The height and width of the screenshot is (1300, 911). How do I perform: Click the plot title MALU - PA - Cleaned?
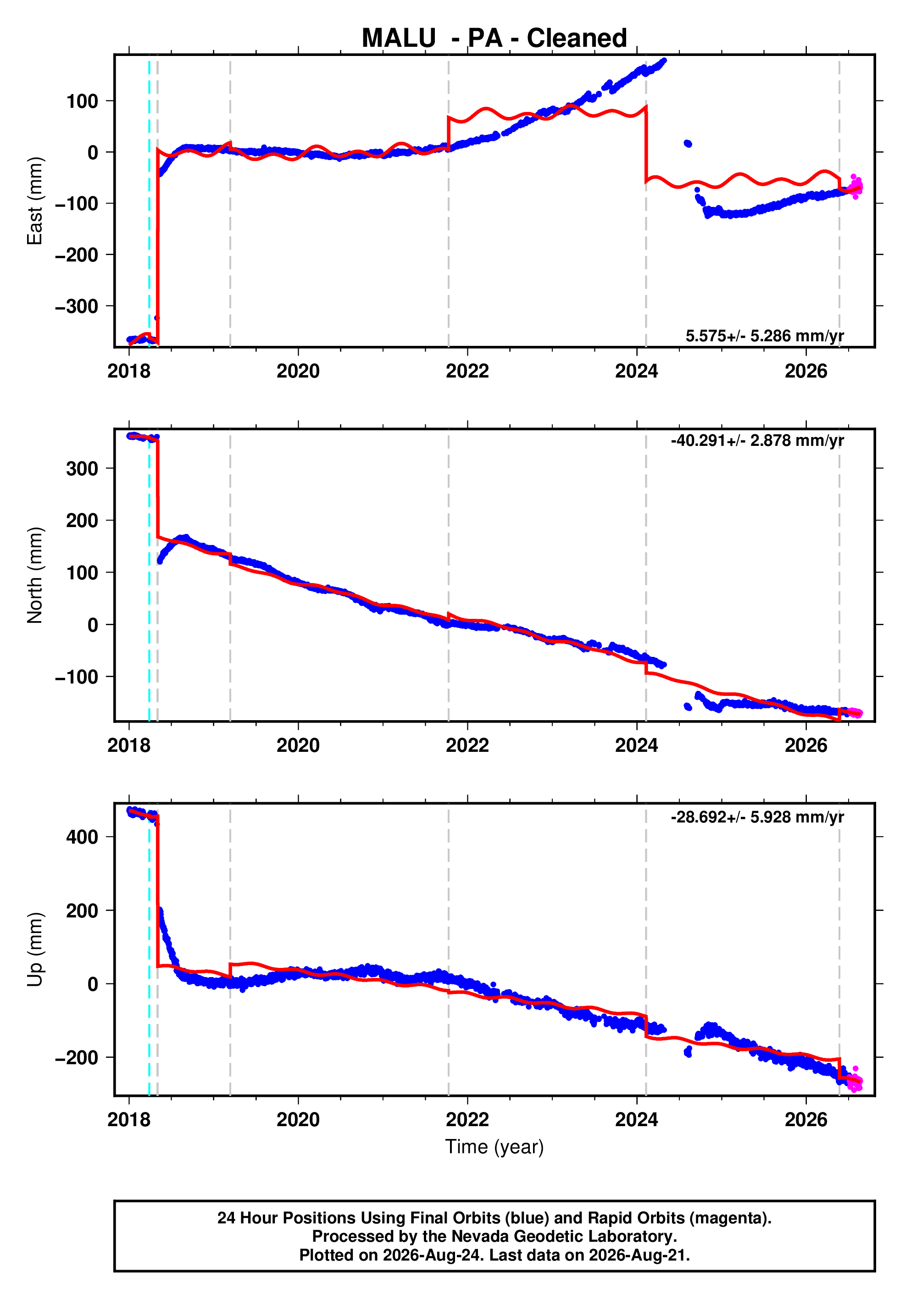click(x=494, y=39)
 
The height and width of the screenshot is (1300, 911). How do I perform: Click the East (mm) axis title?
click(x=34, y=201)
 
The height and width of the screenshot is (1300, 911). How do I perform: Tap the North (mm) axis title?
click(x=34, y=575)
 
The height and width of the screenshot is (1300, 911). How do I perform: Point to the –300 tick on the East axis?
click(x=77, y=306)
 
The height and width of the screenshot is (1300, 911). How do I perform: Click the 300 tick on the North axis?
click(x=82, y=469)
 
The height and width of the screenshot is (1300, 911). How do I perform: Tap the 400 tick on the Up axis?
click(x=82, y=837)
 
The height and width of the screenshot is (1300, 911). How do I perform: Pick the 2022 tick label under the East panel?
click(x=467, y=372)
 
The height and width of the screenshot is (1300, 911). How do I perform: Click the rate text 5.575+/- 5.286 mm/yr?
click(x=764, y=336)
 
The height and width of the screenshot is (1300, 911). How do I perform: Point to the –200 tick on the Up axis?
click(x=77, y=1058)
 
